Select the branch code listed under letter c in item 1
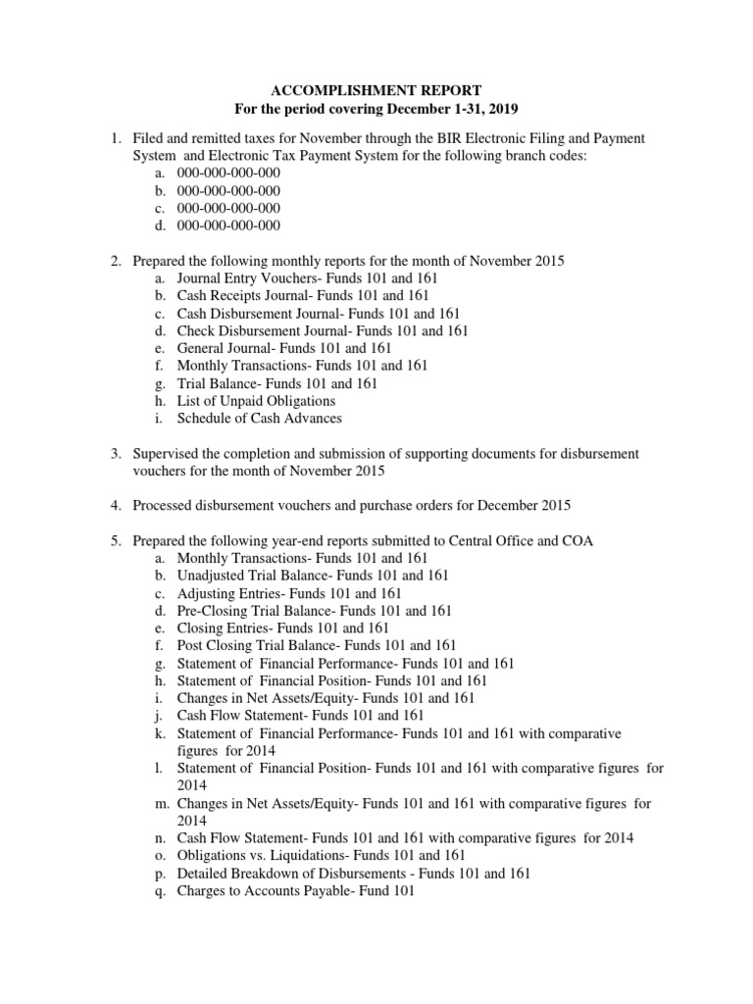pos(228,208)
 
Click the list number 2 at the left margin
pos(115,261)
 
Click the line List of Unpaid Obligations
pos(256,400)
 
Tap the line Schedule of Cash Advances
pos(259,418)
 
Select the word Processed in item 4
pos(164,506)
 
